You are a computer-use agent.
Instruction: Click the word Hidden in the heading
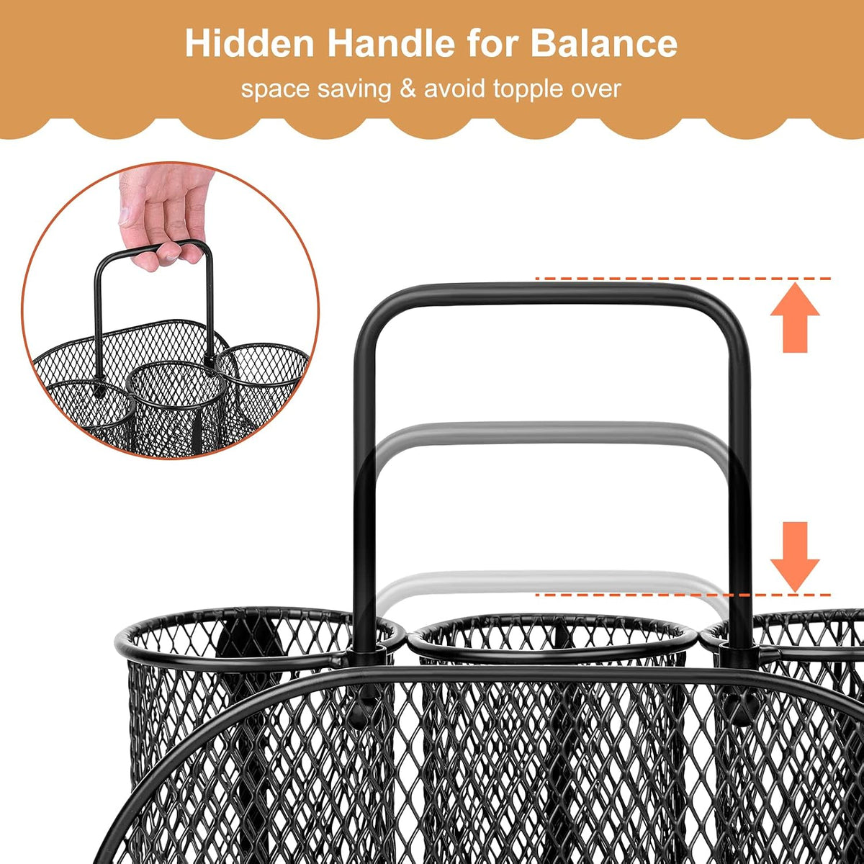click(250, 43)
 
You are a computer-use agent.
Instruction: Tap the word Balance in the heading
click(604, 43)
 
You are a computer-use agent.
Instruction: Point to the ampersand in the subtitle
click(408, 89)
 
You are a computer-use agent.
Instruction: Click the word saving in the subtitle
click(354, 89)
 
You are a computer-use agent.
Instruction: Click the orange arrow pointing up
click(795, 318)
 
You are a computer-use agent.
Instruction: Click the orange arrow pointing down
click(795, 557)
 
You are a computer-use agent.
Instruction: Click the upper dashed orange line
click(683, 279)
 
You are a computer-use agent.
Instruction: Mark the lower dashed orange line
click(683, 595)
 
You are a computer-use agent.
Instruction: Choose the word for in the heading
click(492, 43)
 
